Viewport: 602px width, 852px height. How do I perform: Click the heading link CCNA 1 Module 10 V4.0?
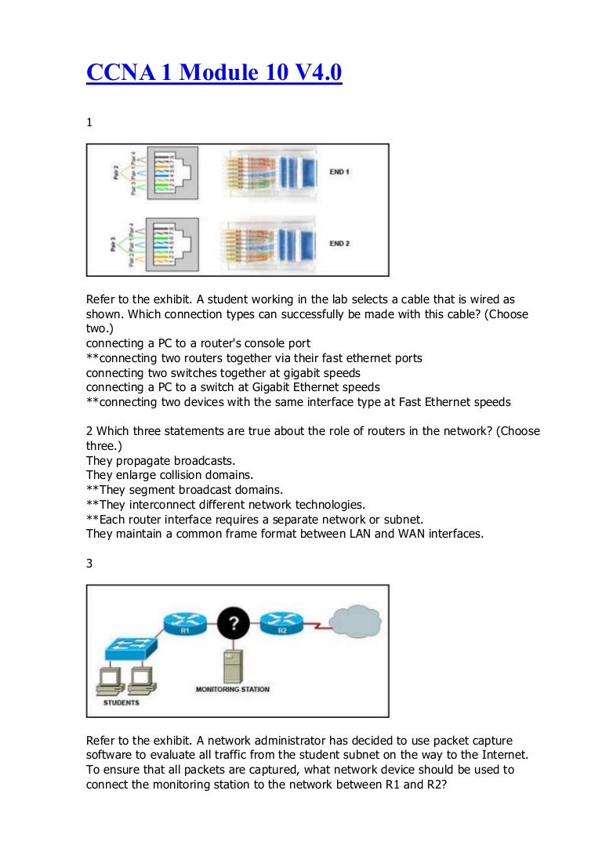click(x=214, y=74)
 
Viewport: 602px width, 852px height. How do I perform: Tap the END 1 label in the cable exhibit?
click(x=339, y=171)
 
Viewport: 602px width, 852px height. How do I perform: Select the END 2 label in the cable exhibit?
click(x=339, y=244)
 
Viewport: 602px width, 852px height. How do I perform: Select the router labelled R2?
click(x=279, y=625)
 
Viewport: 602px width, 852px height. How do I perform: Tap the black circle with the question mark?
click(x=232, y=625)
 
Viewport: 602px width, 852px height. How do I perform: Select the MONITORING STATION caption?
click(x=232, y=690)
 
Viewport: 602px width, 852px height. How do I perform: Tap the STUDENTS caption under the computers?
click(x=121, y=702)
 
